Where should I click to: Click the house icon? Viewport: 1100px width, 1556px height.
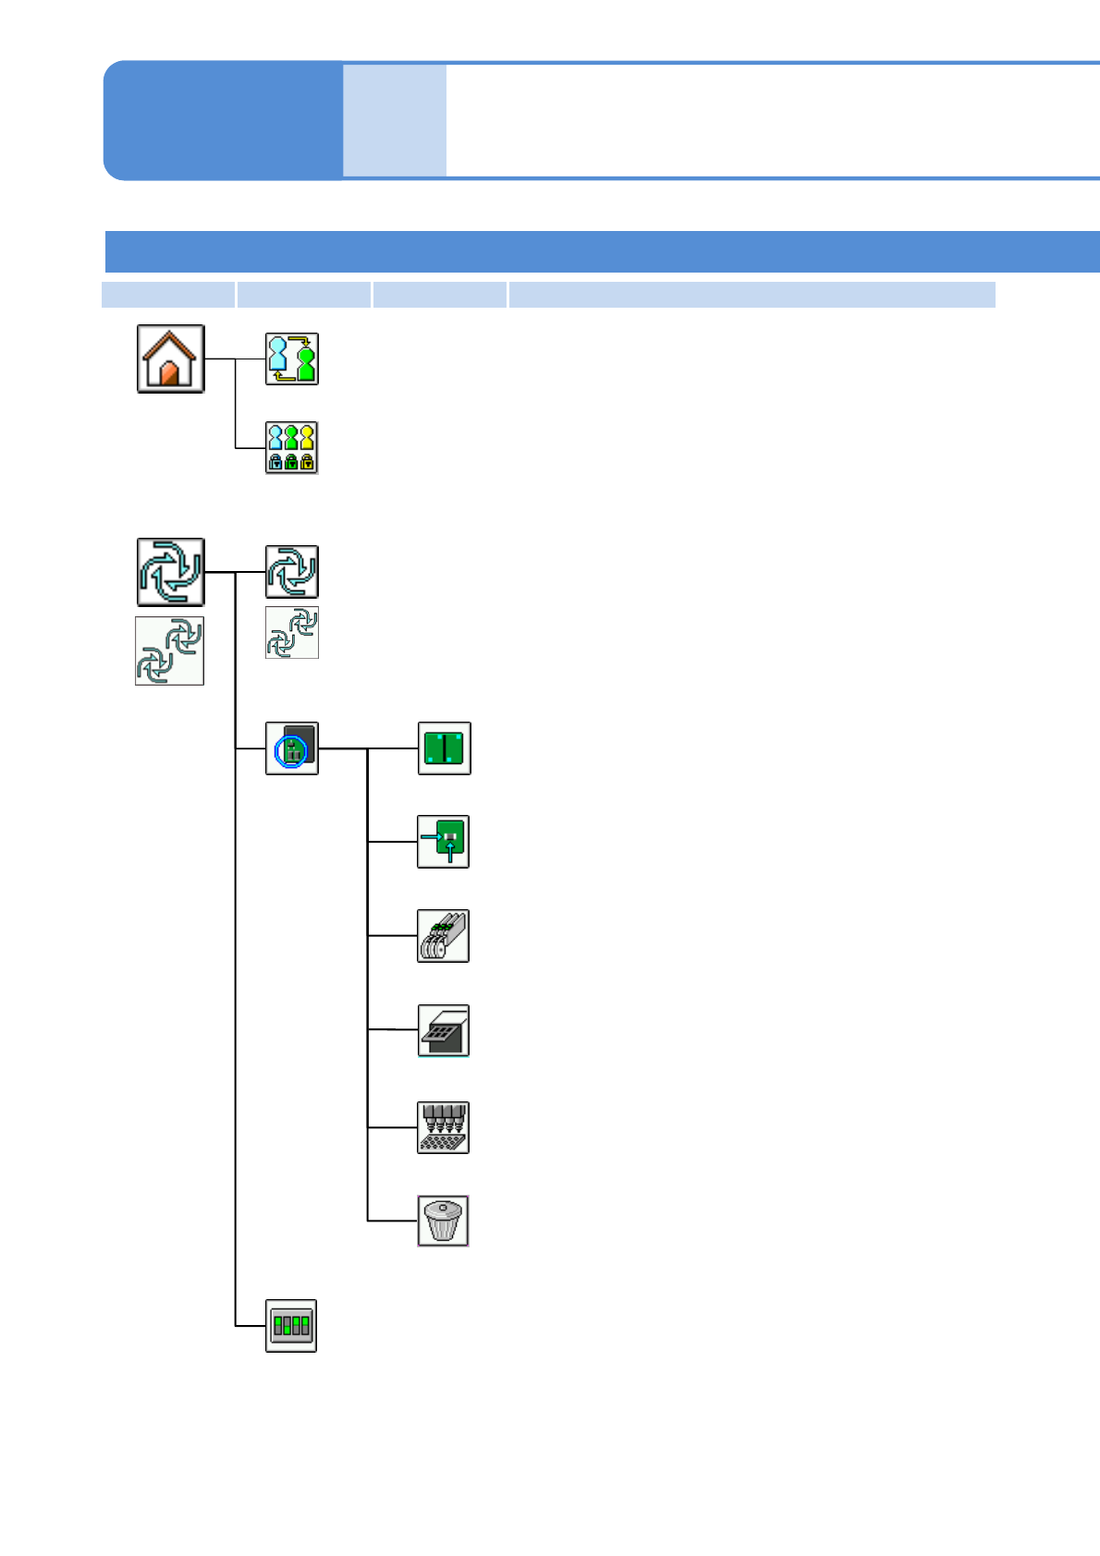tap(170, 359)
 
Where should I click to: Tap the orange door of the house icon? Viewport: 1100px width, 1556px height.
tap(169, 373)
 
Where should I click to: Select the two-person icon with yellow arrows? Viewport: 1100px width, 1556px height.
tap(292, 359)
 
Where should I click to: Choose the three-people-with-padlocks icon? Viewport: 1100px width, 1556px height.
tap(292, 447)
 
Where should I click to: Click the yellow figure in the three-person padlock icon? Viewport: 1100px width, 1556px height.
tap(307, 437)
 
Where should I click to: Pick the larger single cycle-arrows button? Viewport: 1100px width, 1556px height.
tap(170, 572)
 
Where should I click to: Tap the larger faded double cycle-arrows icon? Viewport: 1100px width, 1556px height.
tap(170, 650)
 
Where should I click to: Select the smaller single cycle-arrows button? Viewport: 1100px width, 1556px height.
tap(292, 572)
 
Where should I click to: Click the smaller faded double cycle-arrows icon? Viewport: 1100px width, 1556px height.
tap(292, 633)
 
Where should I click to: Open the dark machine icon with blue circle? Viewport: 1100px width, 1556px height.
tap(292, 748)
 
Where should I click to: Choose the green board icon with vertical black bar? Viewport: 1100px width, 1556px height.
tap(445, 748)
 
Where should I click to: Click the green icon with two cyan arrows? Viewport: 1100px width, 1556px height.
tap(444, 842)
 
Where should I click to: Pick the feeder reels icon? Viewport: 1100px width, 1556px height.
tap(444, 936)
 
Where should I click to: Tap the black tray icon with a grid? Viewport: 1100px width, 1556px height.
tap(444, 1030)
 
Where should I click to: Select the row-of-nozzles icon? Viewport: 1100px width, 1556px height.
tap(444, 1127)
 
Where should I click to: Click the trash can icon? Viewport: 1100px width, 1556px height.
tap(444, 1221)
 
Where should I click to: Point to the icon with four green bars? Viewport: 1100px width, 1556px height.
tap(291, 1326)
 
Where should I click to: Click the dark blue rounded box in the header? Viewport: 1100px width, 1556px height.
tap(223, 120)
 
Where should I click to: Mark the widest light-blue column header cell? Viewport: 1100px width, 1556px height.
tap(752, 295)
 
